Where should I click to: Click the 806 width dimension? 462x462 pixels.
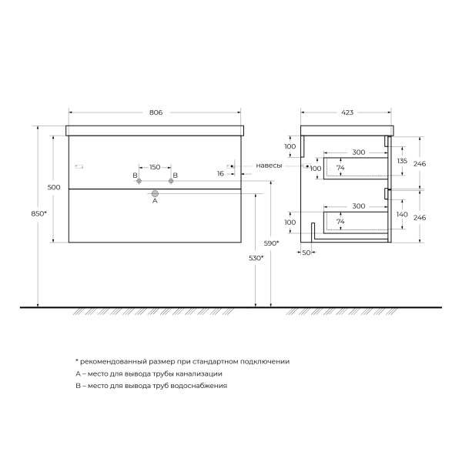[x=156, y=112]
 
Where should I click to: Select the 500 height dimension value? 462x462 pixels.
[x=54, y=187]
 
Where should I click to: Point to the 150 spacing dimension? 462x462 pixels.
[x=155, y=166]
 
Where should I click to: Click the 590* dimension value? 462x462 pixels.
[x=271, y=243]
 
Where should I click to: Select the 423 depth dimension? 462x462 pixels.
[x=346, y=112]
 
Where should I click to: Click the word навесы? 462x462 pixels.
[x=269, y=166]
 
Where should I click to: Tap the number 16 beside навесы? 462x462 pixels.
[x=220, y=173]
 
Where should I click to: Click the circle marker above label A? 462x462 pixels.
[x=155, y=193]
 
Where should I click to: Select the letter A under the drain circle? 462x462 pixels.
[x=155, y=202]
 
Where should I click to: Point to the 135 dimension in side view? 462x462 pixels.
[x=400, y=161]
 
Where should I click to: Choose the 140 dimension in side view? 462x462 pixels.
[x=400, y=215]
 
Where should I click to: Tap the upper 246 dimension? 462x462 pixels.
[x=419, y=163]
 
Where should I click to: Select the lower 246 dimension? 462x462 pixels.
[x=419, y=217]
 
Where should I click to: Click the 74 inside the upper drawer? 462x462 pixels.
[x=340, y=168]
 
